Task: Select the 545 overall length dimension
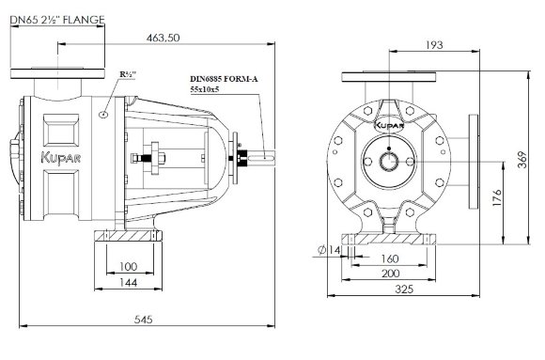[143, 321]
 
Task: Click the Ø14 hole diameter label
[328, 249]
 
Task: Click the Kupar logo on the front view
[388, 122]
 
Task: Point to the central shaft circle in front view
[388, 158]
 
